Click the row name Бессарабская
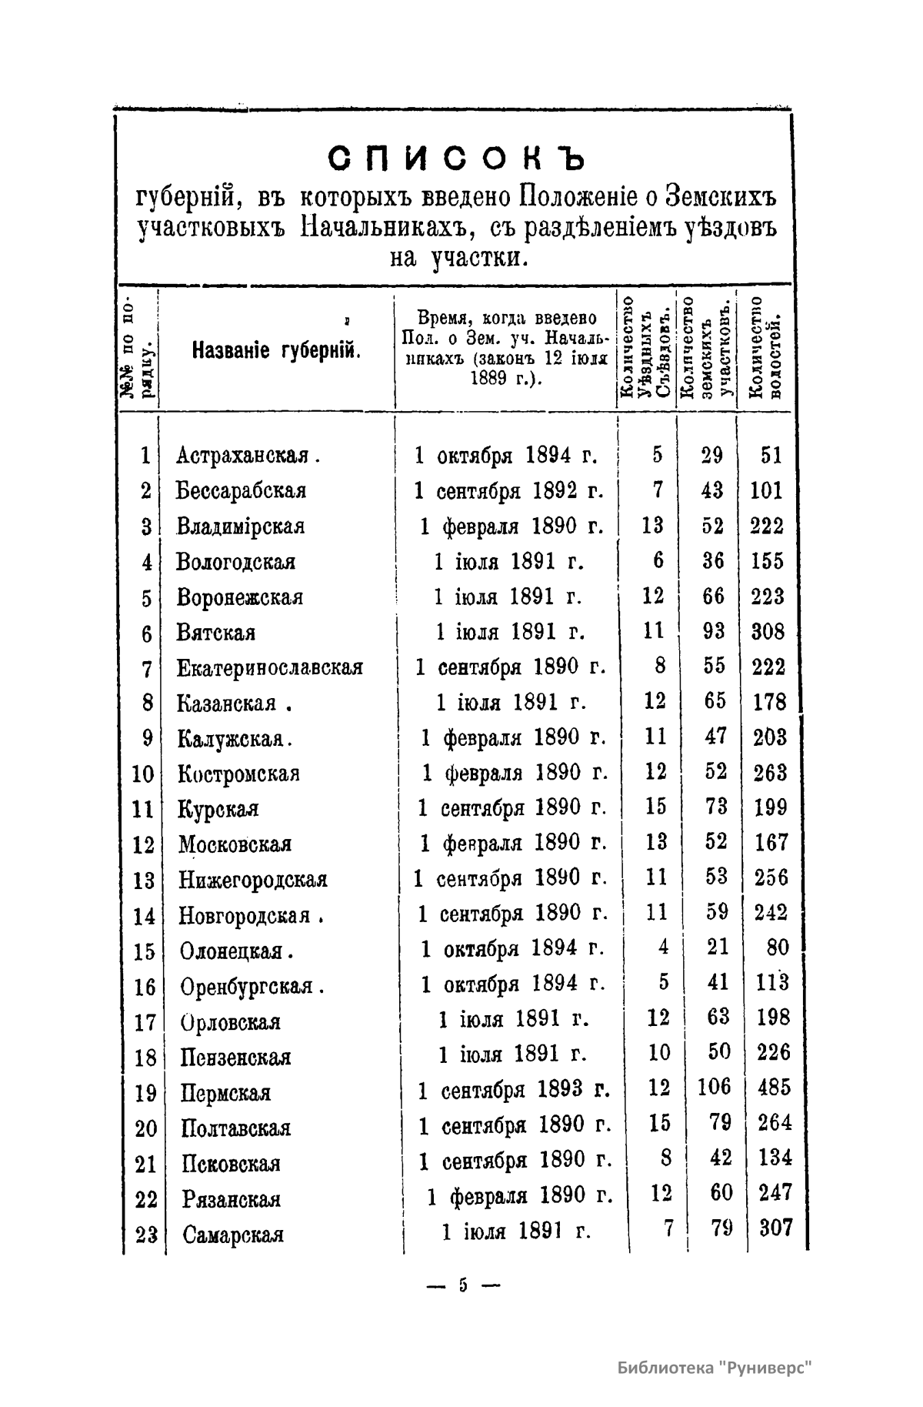[x=241, y=491]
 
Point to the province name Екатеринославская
[x=270, y=668]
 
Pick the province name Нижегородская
[x=253, y=880]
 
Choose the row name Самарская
[x=233, y=1235]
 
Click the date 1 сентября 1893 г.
[x=514, y=1091]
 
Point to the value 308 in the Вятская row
[x=768, y=632]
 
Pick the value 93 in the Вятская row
[x=715, y=632]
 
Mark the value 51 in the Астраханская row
[x=771, y=456]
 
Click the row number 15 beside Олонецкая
[x=144, y=952]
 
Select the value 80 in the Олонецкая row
[x=778, y=947]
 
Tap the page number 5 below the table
[x=463, y=1285]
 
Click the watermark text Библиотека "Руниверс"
[x=715, y=1368]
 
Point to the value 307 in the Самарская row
[x=775, y=1228]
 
